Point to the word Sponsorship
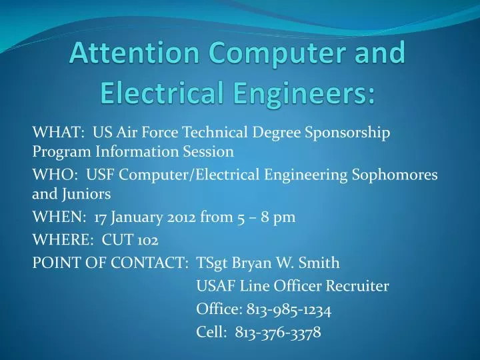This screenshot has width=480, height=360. tap(347, 131)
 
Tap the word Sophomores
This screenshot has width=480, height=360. tap(395, 175)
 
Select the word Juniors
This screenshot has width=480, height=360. tap(86, 195)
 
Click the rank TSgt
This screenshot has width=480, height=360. tap(212, 263)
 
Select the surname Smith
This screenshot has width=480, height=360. tap(321, 263)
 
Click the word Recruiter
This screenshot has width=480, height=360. tap(358, 287)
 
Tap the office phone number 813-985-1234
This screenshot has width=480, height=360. tap(289, 309)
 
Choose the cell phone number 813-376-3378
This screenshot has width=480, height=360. tap(278, 332)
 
